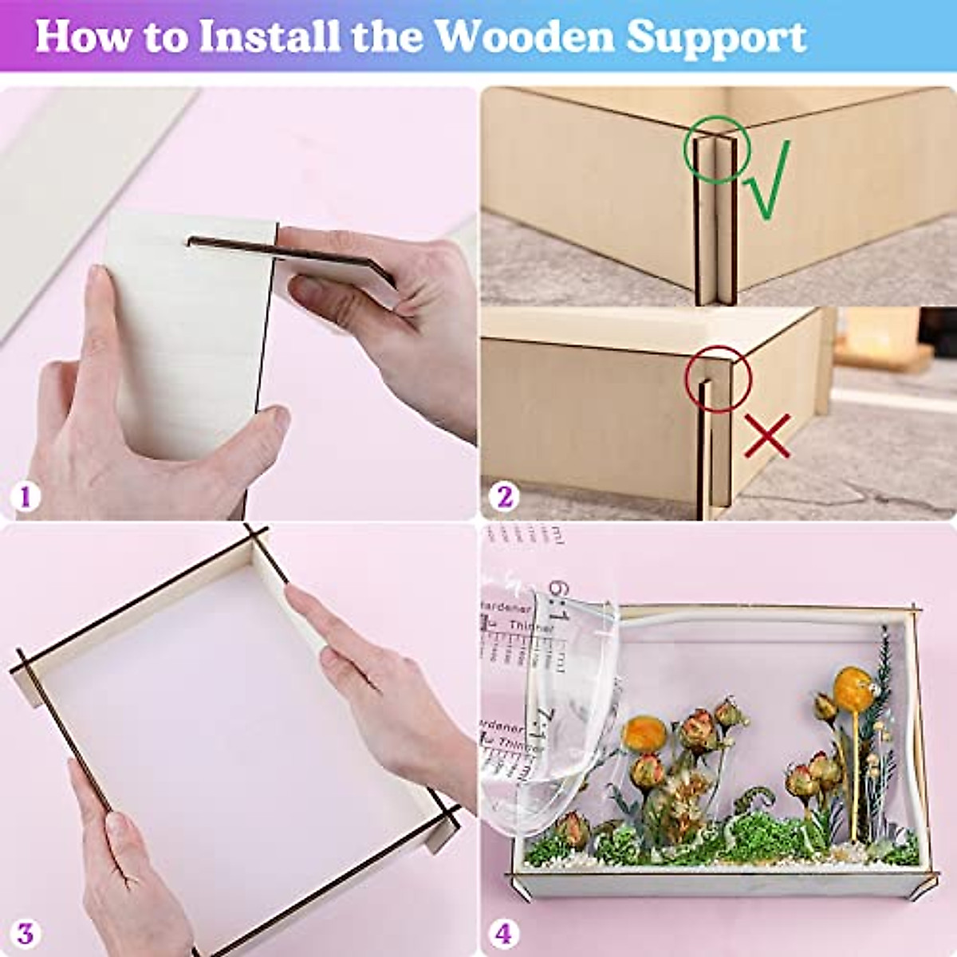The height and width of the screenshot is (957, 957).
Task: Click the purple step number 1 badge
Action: click(26, 497)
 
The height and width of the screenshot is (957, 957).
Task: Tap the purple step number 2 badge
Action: click(505, 497)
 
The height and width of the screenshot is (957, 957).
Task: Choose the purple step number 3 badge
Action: click(26, 933)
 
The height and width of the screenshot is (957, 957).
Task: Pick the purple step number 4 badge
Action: click(505, 933)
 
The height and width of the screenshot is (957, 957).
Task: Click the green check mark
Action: click(768, 180)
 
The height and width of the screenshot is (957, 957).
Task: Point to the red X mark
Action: click(767, 435)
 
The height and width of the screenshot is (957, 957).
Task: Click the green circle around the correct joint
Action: click(716, 150)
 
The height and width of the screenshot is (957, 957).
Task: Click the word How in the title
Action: click(86, 37)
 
